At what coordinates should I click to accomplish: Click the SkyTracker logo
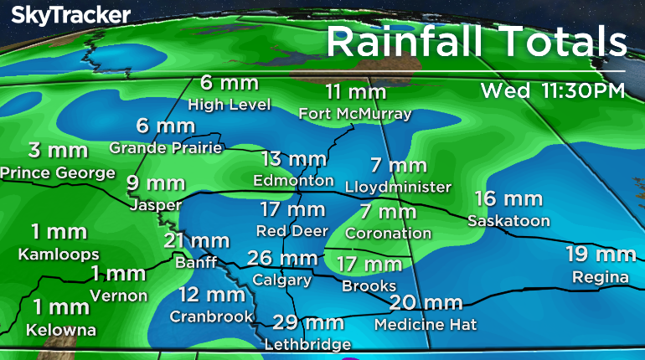click(70, 15)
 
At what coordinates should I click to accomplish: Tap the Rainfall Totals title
click(476, 40)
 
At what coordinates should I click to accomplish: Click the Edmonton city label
click(294, 180)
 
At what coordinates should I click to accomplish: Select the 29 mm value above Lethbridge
click(307, 323)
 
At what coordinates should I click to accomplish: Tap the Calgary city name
click(282, 280)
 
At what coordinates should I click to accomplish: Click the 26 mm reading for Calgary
click(282, 259)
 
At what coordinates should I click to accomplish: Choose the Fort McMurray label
click(356, 113)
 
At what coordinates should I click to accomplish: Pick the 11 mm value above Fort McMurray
click(356, 92)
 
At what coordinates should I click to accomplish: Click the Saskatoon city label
click(508, 221)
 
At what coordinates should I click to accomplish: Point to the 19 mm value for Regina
click(600, 255)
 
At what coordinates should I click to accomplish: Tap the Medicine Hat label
click(414, 323)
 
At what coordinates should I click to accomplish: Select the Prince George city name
click(58, 172)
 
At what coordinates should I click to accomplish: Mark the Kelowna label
click(61, 330)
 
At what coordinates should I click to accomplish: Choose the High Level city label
click(230, 105)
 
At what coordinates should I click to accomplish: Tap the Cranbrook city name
click(211, 316)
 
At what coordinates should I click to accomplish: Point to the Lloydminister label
click(399, 186)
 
